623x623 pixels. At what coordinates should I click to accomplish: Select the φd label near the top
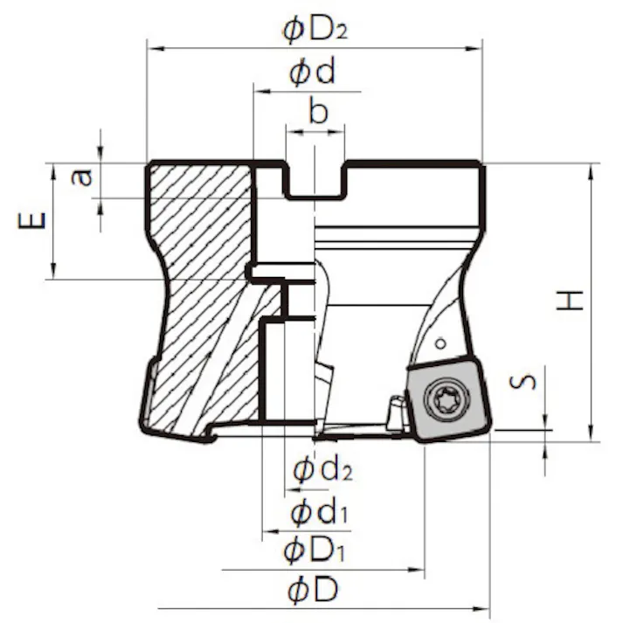pos(312,72)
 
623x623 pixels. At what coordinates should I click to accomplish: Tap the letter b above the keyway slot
pos(318,112)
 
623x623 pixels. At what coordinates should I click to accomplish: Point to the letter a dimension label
pos(81,177)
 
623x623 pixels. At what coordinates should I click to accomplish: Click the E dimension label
pos(32,221)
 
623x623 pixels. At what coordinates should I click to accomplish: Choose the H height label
pos(571,301)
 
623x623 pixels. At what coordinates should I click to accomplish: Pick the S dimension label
pos(523,382)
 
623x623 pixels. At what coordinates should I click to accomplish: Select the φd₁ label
pos(319,512)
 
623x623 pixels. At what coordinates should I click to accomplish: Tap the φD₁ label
pos(314,550)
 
